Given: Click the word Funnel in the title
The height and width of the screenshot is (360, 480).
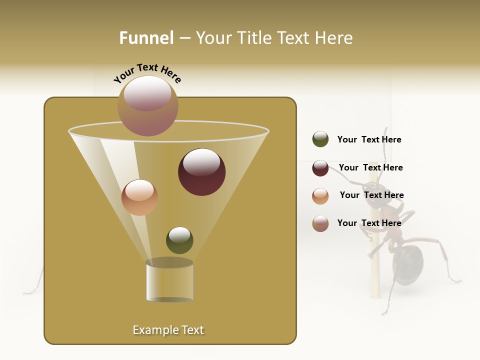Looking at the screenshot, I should (x=146, y=38).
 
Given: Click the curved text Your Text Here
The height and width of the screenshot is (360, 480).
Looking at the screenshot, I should (x=147, y=73).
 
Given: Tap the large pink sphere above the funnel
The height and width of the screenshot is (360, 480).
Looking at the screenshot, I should (x=147, y=105).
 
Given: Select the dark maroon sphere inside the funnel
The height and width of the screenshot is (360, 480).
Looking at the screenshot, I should (x=201, y=172).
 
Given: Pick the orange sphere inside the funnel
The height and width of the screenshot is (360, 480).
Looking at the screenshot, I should (x=139, y=197).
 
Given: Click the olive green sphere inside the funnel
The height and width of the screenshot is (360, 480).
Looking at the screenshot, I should (x=179, y=240).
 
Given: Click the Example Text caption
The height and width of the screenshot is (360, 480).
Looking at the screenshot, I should (x=168, y=330).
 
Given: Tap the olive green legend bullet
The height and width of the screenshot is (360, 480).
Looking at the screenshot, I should (x=320, y=139).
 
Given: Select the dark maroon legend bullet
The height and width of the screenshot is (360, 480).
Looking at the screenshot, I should (x=320, y=168).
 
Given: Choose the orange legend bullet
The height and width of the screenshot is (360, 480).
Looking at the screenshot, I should (x=320, y=195).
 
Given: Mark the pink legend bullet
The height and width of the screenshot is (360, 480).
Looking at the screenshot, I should (x=320, y=223).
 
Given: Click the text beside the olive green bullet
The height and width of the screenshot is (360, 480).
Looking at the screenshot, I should (x=369, y=139).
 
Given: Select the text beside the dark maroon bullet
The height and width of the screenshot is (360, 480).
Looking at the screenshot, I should (x=370, y=167).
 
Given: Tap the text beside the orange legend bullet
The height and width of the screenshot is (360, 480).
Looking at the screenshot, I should (x=371, y=195).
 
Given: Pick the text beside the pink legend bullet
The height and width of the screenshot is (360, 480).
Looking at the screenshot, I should (x=369, y=223).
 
